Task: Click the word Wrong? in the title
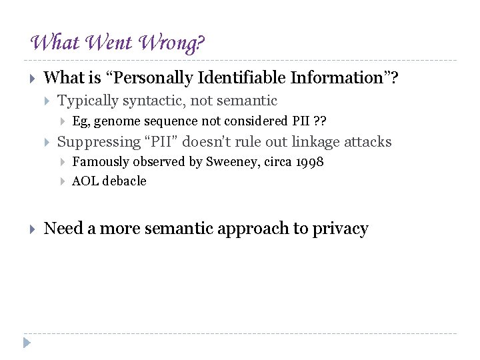click(x=172, y=44)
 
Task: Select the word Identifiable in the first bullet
click(x=247, y=78)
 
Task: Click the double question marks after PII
click(x=319, y=121)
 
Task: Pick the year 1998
click(x=309, y=161)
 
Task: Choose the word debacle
click(x=124, y=181)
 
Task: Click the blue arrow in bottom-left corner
click(x=26, y=343)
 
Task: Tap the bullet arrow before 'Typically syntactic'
click(x=47, y=101)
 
